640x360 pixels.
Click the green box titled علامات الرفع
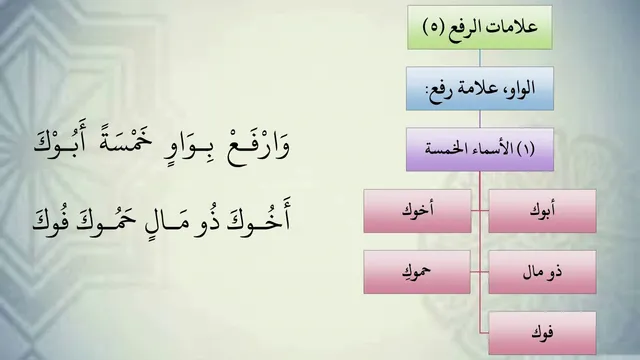tap(480, 27)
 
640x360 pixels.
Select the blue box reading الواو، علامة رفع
tap(480, 89)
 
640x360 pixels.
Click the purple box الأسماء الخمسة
tap(480, 149)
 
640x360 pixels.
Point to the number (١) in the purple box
tap(526, 149)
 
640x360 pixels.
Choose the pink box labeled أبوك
tap(542, 211)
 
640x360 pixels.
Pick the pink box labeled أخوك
tap(417, 211)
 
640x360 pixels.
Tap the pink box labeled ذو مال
tap(542, 272)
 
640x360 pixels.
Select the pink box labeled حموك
tap(417, 272)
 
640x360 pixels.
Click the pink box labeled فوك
tap(542, 333)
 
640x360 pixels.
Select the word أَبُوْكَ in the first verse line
tap(60, 143)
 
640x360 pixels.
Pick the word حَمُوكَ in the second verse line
tap(104, 220)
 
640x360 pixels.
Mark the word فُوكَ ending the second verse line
tap(49, 219)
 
